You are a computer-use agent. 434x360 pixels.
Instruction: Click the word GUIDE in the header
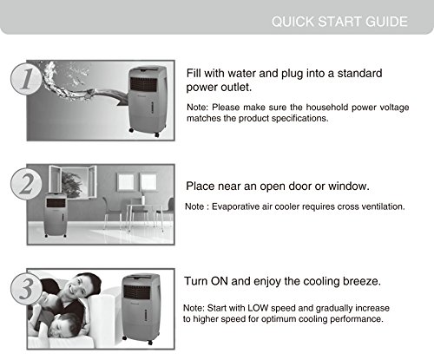click(x=386, y=22)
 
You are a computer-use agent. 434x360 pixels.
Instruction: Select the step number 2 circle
click(x=25, y=184)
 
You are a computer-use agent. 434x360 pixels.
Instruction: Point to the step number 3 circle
click(x=25, y=289)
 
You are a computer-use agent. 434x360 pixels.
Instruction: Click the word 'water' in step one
click(x=242, y=73)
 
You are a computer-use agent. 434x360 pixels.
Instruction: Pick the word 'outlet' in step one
click(x=236, y=87)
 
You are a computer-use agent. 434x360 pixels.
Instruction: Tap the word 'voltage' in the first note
click(x=394, y=108)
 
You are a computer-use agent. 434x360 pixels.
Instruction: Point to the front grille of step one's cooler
click(x=143, y=84)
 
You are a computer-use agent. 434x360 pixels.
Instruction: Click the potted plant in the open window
click(x=71, y=185)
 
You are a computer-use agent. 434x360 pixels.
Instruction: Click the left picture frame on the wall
click(x=126, y=182)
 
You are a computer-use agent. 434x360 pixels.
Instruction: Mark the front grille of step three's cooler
click(x=136, y=292)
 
